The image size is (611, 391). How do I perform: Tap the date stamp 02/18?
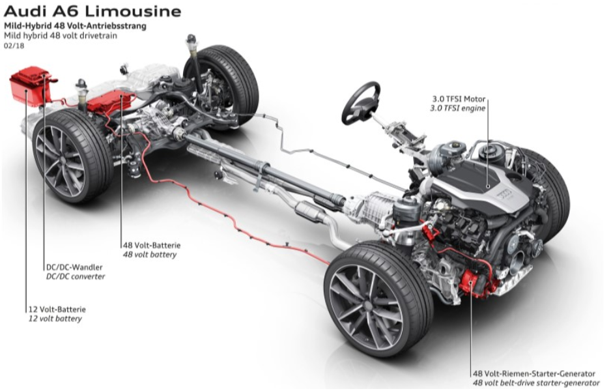(x=13, y=46)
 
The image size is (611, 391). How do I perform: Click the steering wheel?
(x=361, y=102)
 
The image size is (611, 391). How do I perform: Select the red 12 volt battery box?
(x=29, y=85)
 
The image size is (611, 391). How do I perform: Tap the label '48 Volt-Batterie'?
(x=151, y=245)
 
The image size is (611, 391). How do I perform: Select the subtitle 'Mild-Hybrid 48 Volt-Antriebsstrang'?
(x=76, y=26)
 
